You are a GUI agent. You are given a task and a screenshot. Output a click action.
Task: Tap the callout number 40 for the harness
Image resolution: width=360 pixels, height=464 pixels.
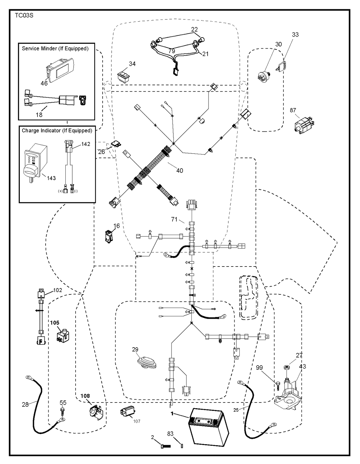coord(179,170)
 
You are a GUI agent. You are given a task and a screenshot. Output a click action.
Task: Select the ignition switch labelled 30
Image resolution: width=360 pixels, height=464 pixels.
coord(264,76)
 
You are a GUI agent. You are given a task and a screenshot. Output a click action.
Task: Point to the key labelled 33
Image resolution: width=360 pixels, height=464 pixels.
coord(282,66)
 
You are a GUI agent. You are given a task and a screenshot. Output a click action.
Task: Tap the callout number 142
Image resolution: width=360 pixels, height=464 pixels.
coord(85,144)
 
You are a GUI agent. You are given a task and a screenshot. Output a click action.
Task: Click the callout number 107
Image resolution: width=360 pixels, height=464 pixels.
coord(136,421)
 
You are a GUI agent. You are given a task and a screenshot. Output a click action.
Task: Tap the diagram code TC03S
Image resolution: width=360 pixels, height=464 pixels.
coord(24,16)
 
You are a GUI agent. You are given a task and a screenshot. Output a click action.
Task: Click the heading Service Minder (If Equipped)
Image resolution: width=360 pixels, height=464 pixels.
coord(55,49)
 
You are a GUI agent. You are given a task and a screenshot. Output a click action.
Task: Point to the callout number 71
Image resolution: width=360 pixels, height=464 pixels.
coord(174,219)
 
